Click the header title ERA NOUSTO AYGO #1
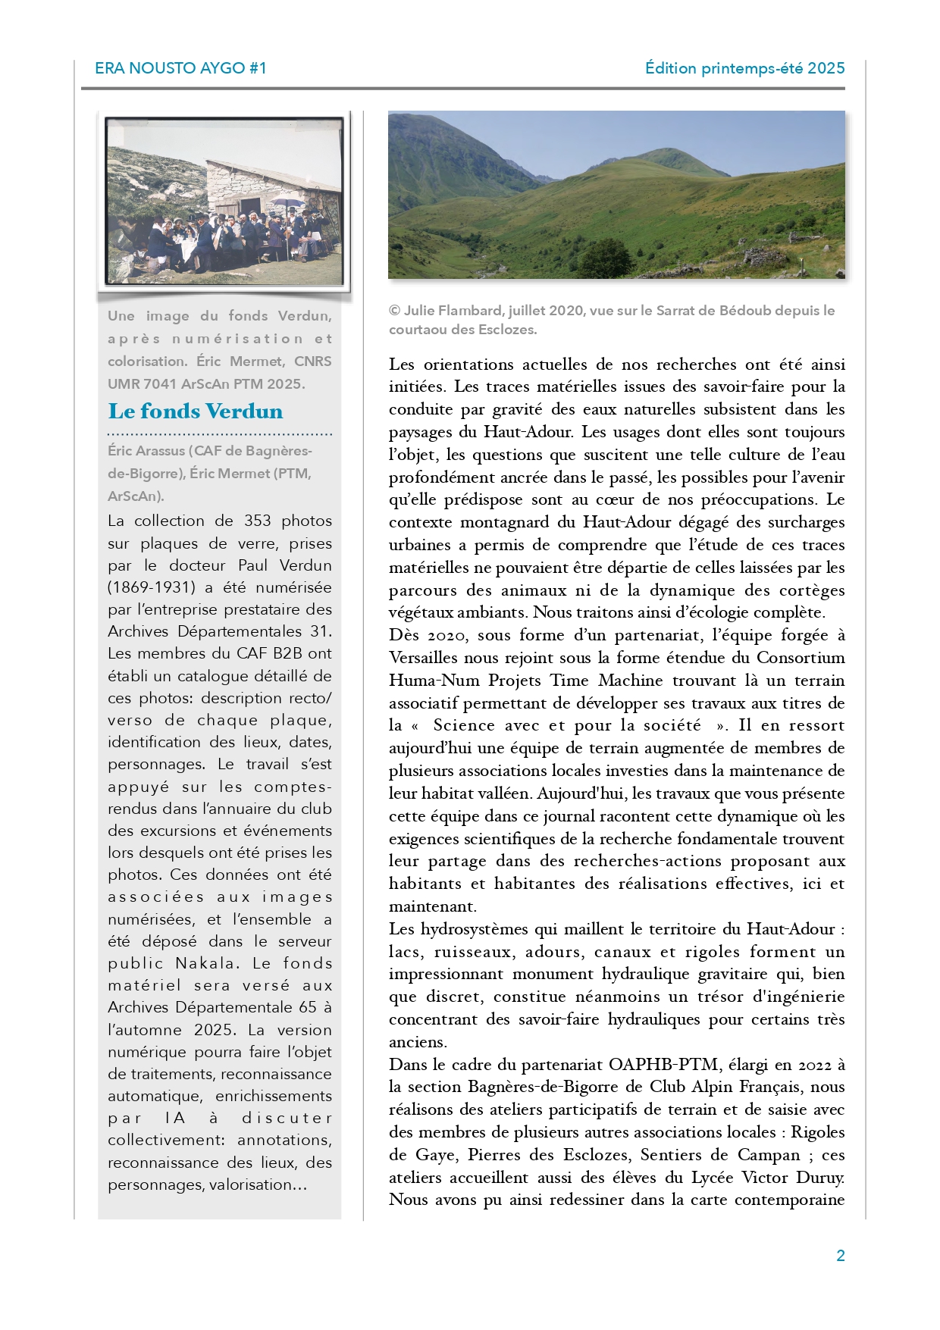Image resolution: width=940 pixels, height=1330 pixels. (x=180, y=68)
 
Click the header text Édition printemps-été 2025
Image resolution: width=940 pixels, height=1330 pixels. (x=744, y=68)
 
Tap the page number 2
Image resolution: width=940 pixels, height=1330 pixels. (x=840, y=1256)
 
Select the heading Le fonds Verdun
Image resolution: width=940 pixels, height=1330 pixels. (x=196, y=412)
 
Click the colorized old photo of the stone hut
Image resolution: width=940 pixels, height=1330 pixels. (x=224, y=201)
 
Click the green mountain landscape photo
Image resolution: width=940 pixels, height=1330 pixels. (x=616, y=195)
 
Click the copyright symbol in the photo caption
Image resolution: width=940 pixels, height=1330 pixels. (x=394, y=311)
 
